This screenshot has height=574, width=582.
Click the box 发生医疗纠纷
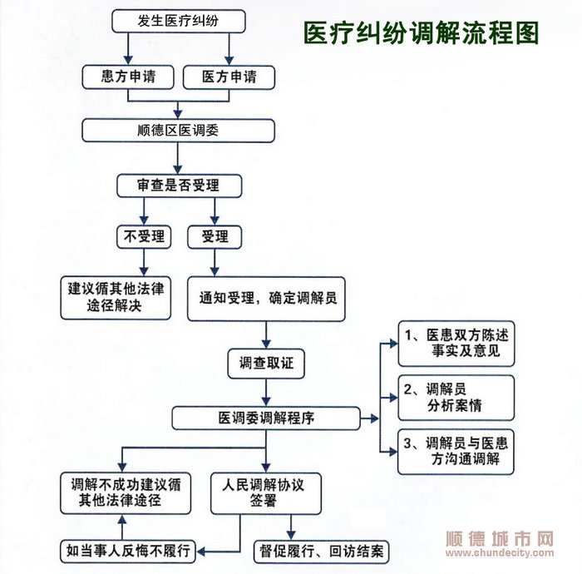[x=179, y=21]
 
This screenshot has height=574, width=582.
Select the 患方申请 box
[x=128, y=77]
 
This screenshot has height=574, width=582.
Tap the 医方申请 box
[x=229, y=77]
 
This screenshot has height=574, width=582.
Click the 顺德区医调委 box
[x=178, y=131]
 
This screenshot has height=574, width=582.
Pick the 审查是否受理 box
[x=180, y=186]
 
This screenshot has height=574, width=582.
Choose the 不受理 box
[x=144, y=236]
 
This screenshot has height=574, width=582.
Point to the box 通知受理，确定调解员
[x=266, y=299]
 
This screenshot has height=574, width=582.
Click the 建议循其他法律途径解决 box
[x=116, y=297]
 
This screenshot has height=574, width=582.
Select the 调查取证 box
[x=266, y=364]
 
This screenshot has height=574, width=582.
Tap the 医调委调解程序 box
[x=266, y=418]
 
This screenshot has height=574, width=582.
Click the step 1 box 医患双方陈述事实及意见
[x=456, y=344]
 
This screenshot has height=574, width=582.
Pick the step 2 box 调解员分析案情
[x=456, y=398]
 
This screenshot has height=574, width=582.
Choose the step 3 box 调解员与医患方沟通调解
[x=456, y=452]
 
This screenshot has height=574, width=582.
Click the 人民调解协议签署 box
[x=266, y=493]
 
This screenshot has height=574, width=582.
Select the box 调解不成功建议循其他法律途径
[x=126, y=493]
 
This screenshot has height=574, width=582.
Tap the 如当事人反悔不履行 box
[x=128, y=552]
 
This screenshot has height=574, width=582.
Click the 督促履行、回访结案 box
[x=322, y=552]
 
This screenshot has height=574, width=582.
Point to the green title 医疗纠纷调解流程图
[x=422, y=32]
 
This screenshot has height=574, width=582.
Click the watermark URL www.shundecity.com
[x=500, y=553]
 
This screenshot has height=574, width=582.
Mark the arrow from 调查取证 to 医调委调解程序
[x=266, y=393]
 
